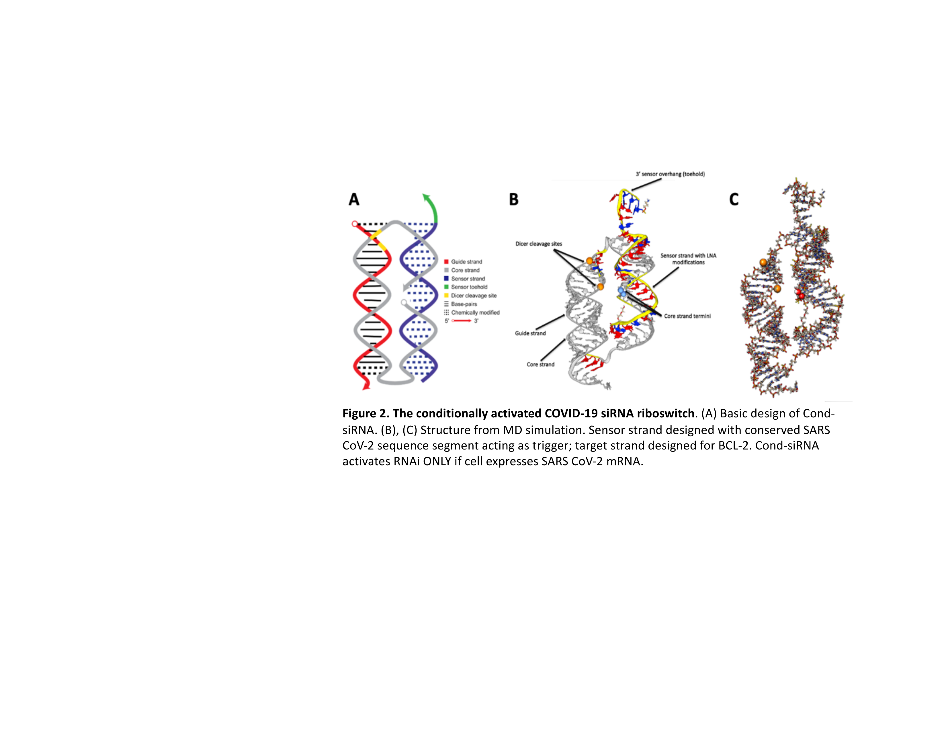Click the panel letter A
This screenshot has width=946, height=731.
354,199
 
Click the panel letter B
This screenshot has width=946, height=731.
514,199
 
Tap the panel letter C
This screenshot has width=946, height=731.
734,199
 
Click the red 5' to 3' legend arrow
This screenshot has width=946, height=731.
462,320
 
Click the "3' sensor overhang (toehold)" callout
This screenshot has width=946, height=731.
670,174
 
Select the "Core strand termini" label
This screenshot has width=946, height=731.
687,316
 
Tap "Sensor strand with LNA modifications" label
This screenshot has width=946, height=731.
688,259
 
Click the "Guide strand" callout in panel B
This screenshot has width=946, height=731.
530,333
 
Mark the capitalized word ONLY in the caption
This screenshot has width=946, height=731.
437,462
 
